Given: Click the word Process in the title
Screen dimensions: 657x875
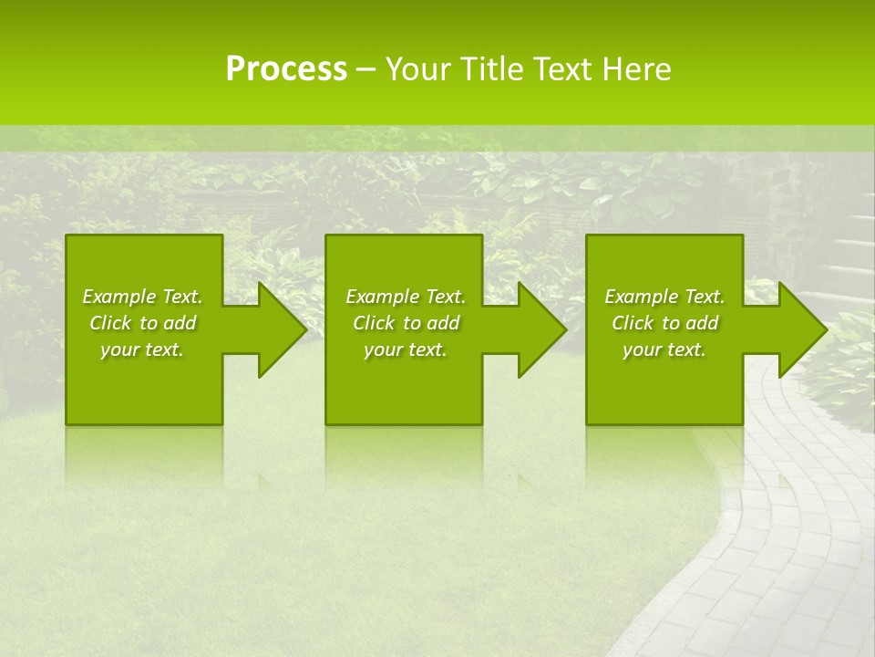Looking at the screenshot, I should pyautogui.click(x=286, y=69).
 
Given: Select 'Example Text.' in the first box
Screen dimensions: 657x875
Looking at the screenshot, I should pyautogui.click(x=142, y=297).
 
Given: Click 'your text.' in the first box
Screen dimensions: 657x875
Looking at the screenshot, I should pyautogui.click(x=142, y=349).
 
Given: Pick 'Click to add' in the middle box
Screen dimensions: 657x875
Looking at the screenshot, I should pyautogui.click(x=406, y=323).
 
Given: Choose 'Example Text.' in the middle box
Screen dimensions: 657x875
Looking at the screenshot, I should pyautogui.click(x=406, y=297).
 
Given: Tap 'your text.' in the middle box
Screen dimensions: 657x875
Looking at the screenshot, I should pyautogui.click(x=406, y=349).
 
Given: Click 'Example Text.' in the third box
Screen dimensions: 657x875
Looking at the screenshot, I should pyautogui.click(x=664, y=297).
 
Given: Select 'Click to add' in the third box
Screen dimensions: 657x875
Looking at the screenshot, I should pyautogui.click(x=664, y=323).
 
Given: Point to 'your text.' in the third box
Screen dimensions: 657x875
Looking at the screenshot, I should pyautogui.click(x=664, y=349).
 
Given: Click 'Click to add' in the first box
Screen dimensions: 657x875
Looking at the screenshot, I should pyautogui.click(x=142, y=323).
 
